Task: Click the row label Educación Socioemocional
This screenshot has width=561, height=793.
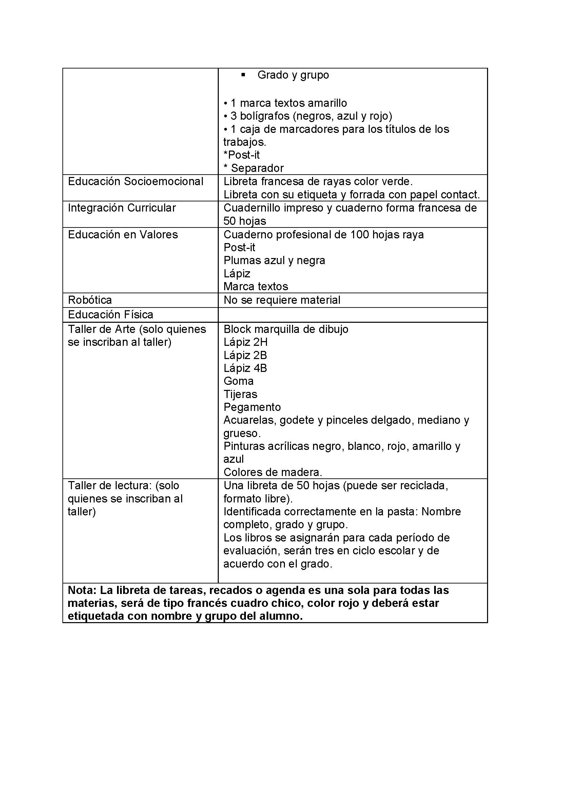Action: pyautogui.click(x=135, y=181)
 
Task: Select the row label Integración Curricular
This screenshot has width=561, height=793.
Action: pyautogui.click(x=122, y=208)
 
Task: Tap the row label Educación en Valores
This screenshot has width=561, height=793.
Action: pyautogui.click(x=123, y=235)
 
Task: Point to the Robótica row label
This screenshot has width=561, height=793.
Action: pyautogui.click(x=90, y=300)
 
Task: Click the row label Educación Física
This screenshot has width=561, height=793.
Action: pyautogui.click(x=111, y=315)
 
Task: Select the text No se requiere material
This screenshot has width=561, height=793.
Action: pyautogui.click(x=282, y=300)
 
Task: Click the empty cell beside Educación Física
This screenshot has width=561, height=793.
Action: pyautogui.click(x=352, y=315)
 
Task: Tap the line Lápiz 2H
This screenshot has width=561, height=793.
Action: pyautogui.click(x=245, y=342)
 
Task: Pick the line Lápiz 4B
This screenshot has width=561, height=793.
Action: pyautogui.click(x=245, y=368)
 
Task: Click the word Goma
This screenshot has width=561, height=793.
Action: pyautogui.click(x=238, y=381)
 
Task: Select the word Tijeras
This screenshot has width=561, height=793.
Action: pyautogui.click(x=240, y=394)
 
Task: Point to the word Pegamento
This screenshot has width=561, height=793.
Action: pyautogui.click(x=252, y=407)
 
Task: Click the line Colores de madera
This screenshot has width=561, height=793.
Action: pyautogui.click(x=273, y=472)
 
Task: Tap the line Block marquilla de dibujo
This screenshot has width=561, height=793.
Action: pyautogui.click(x=286, y=329)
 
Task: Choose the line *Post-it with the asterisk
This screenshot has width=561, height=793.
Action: pyautogui.click(x=241, y=155)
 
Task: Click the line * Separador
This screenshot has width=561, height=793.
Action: pyautogui.click(x=254, y=168)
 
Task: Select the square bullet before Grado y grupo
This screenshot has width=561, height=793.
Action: pyautogui.click(x=243, y=75)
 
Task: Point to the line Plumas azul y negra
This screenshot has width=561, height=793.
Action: pyautogui.click(x=274, y=260)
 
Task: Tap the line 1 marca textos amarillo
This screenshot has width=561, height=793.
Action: pyautogui.click(x=285, y=103)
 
